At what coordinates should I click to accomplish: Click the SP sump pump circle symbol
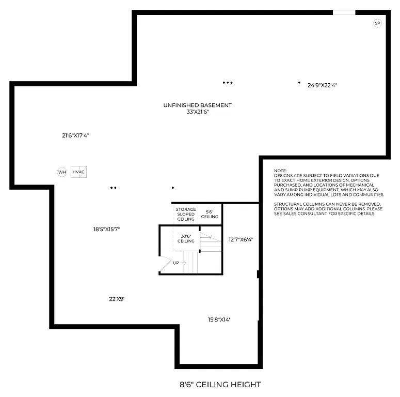(x=377, y=23)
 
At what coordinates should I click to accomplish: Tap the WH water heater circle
(x=62, y=172)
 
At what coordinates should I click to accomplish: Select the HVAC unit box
(x=78, y=172)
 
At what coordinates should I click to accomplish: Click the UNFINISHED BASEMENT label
(x=198, y=105)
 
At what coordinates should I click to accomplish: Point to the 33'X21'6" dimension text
(x=198, y=112)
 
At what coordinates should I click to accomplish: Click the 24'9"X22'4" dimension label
(x=323, y=85)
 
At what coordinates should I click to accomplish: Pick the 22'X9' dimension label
(x=117, y=298)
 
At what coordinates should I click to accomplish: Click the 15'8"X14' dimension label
(x=219, y=319)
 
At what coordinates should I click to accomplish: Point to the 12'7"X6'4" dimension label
(x=241, y=239)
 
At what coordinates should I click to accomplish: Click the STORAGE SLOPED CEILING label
(x=186, y=214)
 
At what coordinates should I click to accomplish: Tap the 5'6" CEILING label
(x=210, y=214)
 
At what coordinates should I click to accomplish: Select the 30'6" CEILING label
(x=186, y=238)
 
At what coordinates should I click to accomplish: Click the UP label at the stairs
(x=176, y=263)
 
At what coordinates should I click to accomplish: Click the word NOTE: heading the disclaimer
(x=280, y=171)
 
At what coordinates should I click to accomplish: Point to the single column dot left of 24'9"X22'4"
(x=299, y=82)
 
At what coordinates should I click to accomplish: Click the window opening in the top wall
(x=344, y=12)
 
